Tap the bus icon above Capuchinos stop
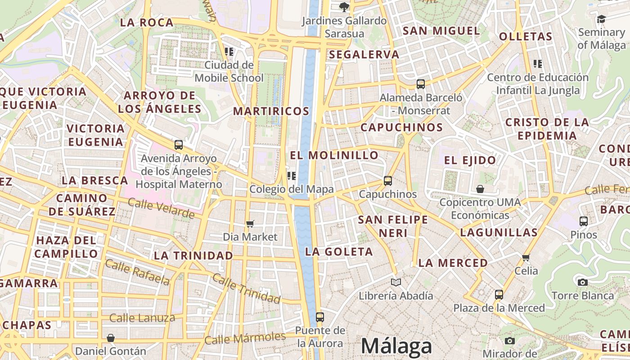click(387, 181)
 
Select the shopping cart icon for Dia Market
click(250, 224)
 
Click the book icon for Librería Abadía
click(396, 282)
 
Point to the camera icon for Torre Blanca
click(583, 282)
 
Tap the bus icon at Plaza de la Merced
click(499, 295)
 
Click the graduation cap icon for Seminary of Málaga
click(601, 19)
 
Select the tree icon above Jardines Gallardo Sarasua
click(344, 7)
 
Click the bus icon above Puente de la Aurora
click(319, 317)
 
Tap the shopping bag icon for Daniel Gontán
click(111, 337)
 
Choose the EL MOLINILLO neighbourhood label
click(334, 156)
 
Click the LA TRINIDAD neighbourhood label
click(193, 256)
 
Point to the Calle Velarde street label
click(161, 208)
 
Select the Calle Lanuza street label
click(142, 318)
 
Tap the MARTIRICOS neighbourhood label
click(271, 111)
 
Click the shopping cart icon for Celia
click(526, 257)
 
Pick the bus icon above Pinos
click(584, 221)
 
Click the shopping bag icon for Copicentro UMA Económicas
click(480, 189)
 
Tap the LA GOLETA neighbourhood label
click(339, 252)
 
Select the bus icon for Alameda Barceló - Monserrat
click(421, 84)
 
